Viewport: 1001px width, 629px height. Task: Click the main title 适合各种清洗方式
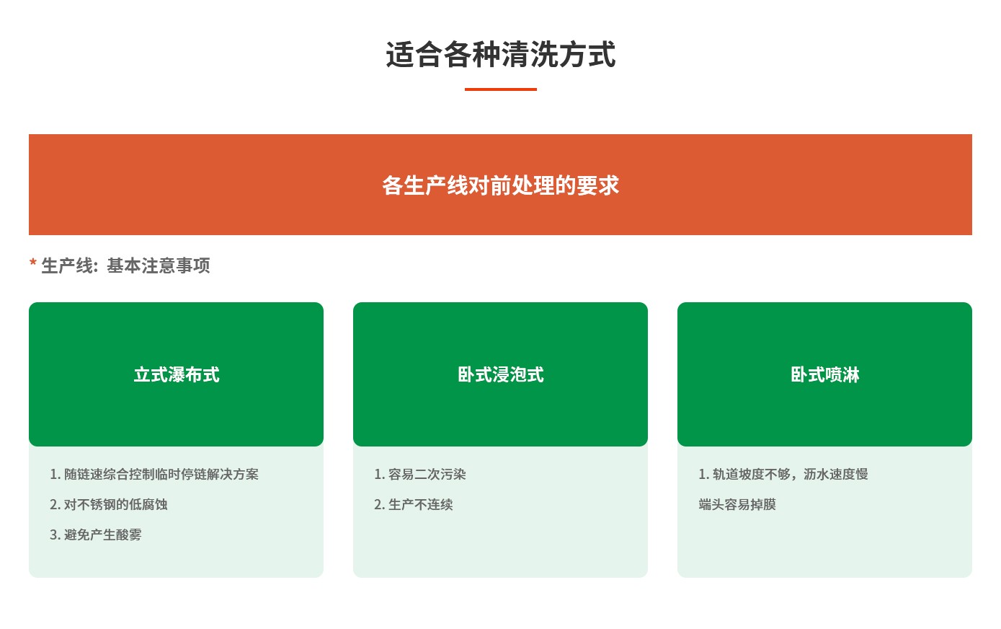coord(500,56)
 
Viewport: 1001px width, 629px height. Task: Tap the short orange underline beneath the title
coord(500,89)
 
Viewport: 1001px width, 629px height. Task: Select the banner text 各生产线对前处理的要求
coord(500,185)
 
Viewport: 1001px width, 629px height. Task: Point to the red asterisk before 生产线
coord(33,265)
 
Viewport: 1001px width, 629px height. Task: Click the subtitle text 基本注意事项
coord(159,266)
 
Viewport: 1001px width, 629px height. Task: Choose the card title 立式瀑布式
coord(177,375)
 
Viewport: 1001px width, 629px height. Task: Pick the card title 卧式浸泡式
coord(501,375)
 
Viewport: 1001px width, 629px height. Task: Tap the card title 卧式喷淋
coord(825,375)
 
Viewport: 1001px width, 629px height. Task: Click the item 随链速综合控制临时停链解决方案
coord(161,475)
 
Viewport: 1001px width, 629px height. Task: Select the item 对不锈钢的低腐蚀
coord(116,505)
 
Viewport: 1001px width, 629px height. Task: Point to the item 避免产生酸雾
coord(103,535)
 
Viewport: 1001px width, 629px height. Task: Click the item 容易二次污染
coord(427,475)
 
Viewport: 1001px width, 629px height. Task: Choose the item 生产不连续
coord(421,505)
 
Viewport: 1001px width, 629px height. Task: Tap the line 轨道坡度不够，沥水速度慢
coord(790,475)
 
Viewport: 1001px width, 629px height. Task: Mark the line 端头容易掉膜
coord(737,505)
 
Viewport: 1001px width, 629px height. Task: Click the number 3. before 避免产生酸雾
coord(55,535)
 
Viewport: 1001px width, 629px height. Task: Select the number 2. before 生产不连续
coord(379,505)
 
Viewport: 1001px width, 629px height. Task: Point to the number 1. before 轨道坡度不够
coord(703,475)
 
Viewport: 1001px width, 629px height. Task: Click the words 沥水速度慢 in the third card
coord(836,475)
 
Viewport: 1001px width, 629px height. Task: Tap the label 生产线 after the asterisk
coord(66,266)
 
